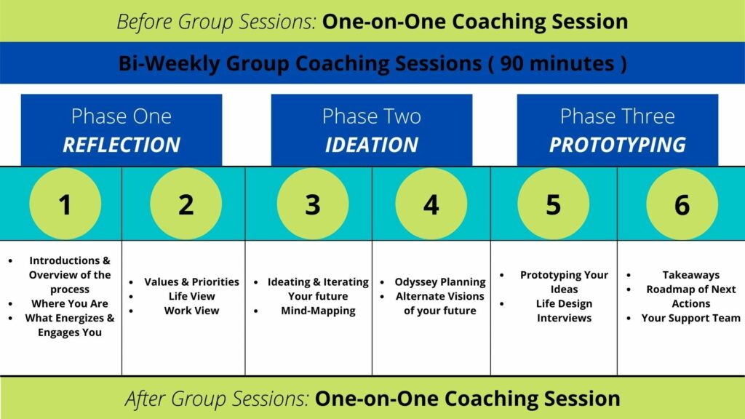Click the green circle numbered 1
click(x=65, y=204)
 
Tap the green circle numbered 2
click(x=186, y=204)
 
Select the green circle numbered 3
click(x=313, y=204)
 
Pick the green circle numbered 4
click(x=431, y=204)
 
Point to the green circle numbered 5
click(x=554, y=204)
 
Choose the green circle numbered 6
click(x=682, y=204)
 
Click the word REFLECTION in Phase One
click(x=121, y=145)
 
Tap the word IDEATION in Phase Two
click(x=372, y=145)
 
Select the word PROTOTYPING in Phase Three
click(x=618, y=145)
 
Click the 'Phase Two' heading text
click(x=372, y=116)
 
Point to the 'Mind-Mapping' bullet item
click(x=318, y=311)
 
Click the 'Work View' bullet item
click(x=191, y=311)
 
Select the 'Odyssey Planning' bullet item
click(x=440, y=282)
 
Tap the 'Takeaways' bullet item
click(x=691, y=275)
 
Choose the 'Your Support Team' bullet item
click(x=691, y=319)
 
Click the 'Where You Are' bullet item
click(x=70, y=303)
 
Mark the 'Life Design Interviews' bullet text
click(x=564, y=311)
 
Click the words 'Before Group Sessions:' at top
click(x=216, y=22)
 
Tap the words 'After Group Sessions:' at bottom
click(x=217, y=399)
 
